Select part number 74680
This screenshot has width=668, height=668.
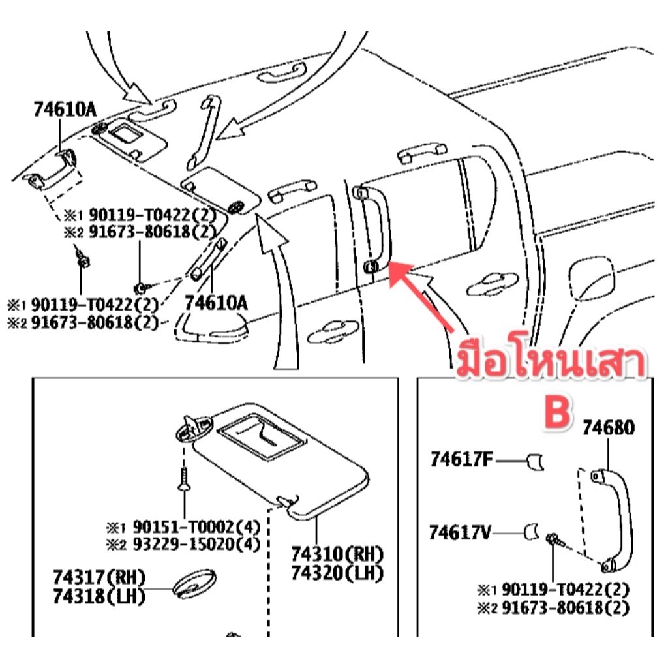(608, 429)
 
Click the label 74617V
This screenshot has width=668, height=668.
(461, 533)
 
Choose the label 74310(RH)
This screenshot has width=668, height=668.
(337, 555)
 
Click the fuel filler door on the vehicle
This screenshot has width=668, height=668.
(592, 280)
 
